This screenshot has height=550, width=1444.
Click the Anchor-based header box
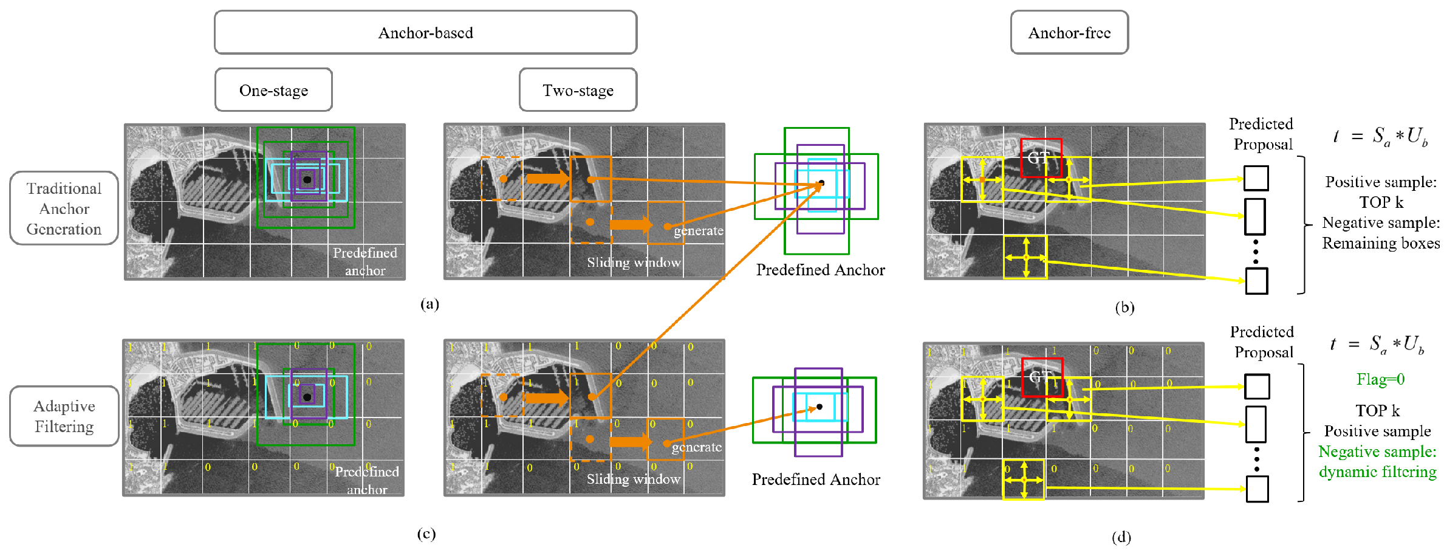425,33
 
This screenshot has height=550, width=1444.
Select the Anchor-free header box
1069,33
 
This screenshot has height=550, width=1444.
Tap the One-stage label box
273,90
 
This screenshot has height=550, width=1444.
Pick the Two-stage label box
578,90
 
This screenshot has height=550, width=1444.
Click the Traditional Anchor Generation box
64,208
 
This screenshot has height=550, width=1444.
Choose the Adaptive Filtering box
64,416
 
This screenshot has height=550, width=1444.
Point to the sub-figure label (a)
429,304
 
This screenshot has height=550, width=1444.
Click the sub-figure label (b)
1124,307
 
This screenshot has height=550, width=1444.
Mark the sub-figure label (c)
426,534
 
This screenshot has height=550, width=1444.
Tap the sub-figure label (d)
1121,537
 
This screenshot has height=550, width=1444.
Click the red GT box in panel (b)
1041,158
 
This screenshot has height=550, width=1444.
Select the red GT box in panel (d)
1042,377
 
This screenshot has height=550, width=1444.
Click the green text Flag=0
1380,379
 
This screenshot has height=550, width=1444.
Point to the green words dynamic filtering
1377,472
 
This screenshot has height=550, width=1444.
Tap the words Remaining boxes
1380,243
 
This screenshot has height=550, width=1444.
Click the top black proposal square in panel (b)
1256,178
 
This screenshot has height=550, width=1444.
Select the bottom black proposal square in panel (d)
1257,489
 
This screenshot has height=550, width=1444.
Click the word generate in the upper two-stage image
699,231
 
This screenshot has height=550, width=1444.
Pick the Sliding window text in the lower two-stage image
634,479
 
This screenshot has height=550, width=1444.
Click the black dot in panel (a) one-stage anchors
307,180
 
